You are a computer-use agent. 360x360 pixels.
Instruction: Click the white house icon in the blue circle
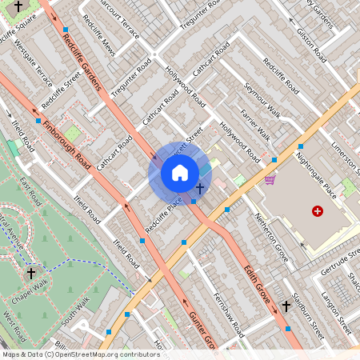point(180,173)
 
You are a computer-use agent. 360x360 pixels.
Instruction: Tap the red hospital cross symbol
point(318,211)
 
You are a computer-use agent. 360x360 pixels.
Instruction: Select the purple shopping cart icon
point(270,180)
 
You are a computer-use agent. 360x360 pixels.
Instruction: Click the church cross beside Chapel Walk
point(31,273)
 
